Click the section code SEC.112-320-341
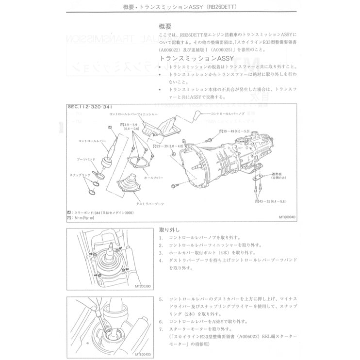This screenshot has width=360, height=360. (x=91, y=107)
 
